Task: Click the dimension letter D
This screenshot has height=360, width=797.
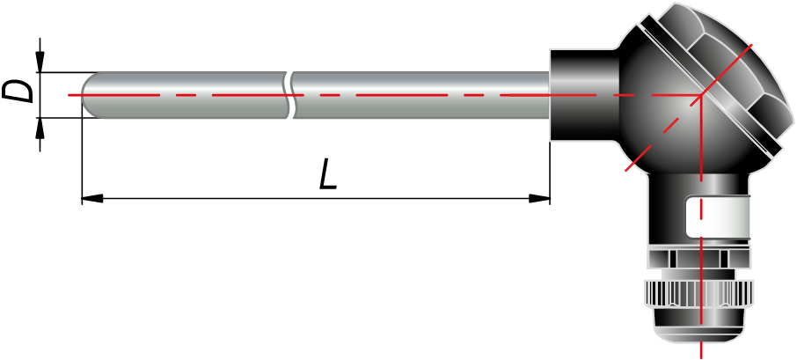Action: tap(18, 92)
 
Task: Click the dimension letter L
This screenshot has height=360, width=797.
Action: tap(328, 174)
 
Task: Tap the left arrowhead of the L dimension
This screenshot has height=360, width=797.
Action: tap(92, 198)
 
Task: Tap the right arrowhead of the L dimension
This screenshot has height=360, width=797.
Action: tap(539, 198)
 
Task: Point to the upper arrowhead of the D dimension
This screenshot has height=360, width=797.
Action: tap(40, 62)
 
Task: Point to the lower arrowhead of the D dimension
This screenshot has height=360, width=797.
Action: tap(40, 129)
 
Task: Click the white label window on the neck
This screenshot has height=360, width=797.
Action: tap(718, 218)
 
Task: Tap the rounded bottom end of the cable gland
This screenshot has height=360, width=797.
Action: tap(699, 334)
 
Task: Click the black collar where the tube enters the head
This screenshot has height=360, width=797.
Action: tap(584, 95)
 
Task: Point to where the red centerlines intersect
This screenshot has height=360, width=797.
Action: tap(701, 95)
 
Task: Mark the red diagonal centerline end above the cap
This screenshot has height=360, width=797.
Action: tap(751, 45)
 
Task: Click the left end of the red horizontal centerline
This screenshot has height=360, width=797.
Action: tap(69, 95)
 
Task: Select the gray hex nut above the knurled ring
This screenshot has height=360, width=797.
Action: tap(699, 258)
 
